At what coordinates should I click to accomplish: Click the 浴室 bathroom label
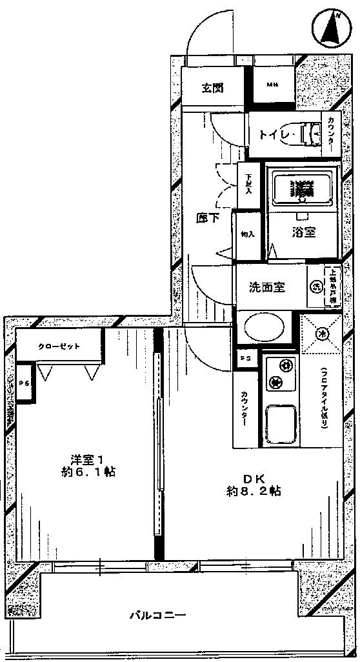303,233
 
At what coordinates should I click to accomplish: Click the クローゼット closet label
59,346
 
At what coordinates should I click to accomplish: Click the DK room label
252,478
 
